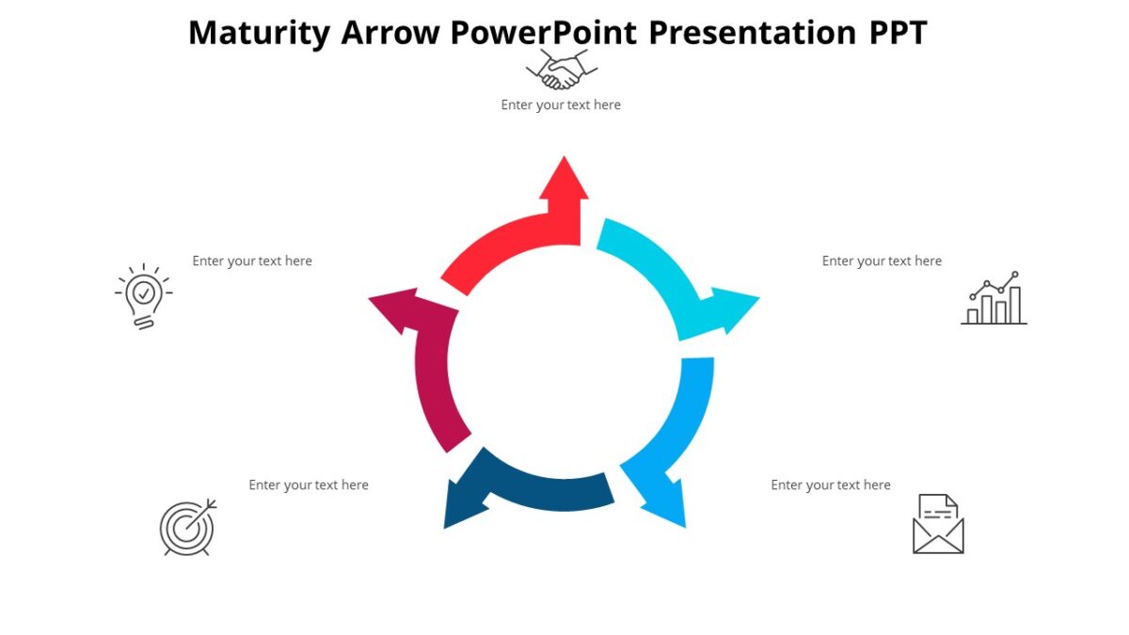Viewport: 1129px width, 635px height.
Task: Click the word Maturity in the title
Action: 259,33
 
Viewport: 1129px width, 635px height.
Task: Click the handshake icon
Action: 562,70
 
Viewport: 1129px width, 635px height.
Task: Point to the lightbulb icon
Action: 143,296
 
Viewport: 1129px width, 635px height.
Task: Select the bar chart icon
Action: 994,299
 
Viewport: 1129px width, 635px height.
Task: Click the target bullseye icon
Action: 187,527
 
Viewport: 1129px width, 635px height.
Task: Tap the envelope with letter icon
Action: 938,524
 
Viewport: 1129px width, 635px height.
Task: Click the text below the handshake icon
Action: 561,105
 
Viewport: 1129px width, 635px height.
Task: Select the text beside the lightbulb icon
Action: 252,262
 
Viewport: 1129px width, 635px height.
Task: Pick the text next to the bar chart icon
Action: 882,262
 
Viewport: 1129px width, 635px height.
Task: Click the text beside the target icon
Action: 309,485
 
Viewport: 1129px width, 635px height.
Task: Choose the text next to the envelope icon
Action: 831,485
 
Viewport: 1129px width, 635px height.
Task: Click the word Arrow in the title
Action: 390,33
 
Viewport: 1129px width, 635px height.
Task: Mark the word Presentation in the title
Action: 751,33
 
